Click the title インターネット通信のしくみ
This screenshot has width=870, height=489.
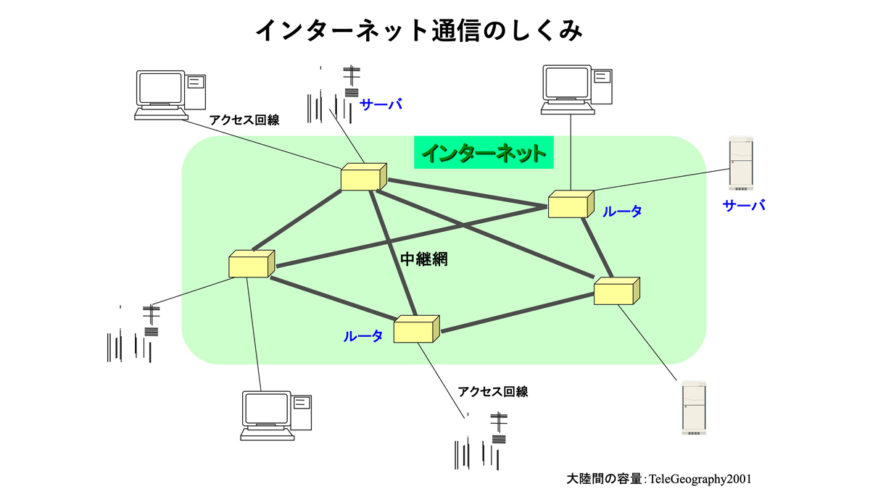[x=419, y=30]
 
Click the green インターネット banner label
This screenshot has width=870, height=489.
[x=484, y=154]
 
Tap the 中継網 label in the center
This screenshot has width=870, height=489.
[x=424, y=259]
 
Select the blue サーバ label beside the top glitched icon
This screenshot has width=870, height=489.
[x=381, y=105]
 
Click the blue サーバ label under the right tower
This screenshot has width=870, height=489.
[x=744, y=206]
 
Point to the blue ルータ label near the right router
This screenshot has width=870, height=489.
[x=622, y=212]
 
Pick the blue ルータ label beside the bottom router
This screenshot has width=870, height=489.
[x=362, y=336]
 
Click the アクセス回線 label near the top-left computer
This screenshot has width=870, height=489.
[x=244, y=120]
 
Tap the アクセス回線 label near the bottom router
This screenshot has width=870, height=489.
[x=493, y=392]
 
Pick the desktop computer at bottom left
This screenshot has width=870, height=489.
[x=276, y=416]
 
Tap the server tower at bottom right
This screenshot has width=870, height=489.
[x=693, y=407]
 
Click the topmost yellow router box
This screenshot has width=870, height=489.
[x=362, y=177]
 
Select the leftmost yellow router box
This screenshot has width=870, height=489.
[x=252, y=264]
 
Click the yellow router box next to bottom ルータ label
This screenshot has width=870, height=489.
[x=417, y=329]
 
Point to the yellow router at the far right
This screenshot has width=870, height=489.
[x=617, y=291]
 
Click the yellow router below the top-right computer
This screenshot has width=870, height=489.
[x=571, y=204]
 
